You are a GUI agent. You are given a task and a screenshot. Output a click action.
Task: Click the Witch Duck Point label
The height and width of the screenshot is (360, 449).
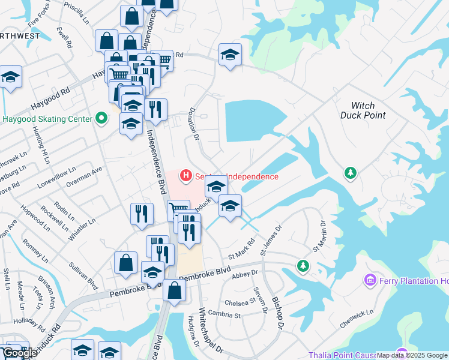363,110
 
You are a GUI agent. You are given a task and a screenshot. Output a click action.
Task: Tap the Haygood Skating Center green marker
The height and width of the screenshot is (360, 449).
101,119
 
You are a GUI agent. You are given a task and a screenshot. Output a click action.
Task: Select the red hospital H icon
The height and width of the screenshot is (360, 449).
186,176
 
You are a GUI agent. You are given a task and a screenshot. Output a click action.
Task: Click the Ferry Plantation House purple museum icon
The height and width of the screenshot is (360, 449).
370,281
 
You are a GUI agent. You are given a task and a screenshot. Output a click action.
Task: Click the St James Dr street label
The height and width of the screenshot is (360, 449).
262,239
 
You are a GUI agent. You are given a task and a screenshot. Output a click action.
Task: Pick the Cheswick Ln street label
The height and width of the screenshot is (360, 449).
356,320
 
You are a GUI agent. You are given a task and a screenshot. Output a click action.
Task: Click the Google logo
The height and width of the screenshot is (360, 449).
19,353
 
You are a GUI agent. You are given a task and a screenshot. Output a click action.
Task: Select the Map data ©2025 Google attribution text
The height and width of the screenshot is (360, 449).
412,355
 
